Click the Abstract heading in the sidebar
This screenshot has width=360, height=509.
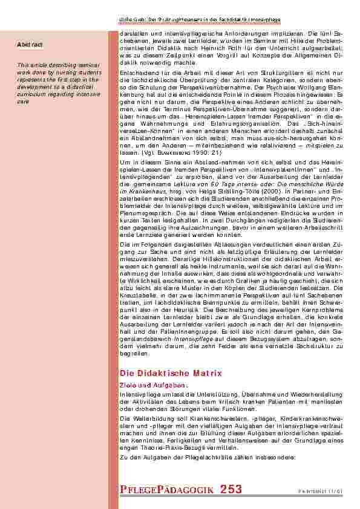pyautogui.click(x=29, y=44)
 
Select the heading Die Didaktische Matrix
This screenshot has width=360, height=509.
pyautogui.click(x=171, y=374)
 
